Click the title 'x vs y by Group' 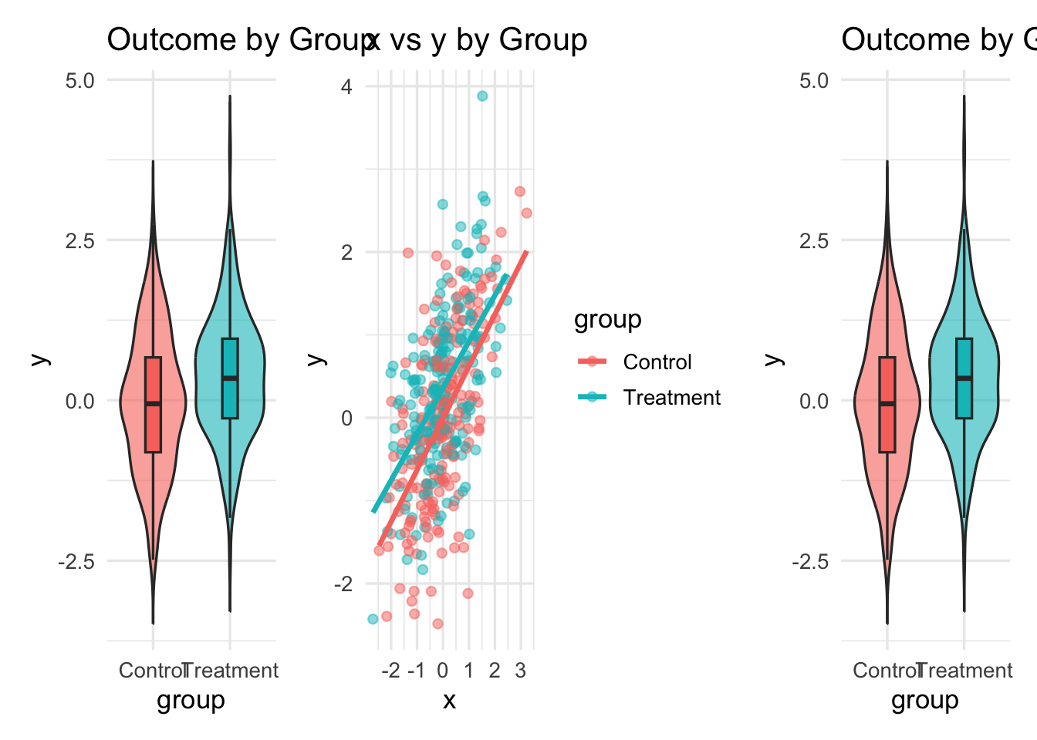(477, 40)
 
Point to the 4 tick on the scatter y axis (346, 86)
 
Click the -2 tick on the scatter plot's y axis (343, 584)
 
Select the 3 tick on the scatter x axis (521, 671)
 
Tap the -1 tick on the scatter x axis (416, 671)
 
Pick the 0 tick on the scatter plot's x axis (442, 671)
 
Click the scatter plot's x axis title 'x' (449, 700)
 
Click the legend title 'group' (607, 319)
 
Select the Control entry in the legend (657, 362)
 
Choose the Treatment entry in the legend (671, 398)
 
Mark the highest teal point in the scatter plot (482, 96)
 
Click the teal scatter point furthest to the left (373, 619)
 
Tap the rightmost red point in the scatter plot (526, 213)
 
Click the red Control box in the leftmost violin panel (153, 405)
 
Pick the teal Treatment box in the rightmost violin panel (964, 378)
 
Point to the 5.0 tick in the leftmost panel (79, 80)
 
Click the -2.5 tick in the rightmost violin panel (810, 561)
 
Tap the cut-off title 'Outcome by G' (938, 40)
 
